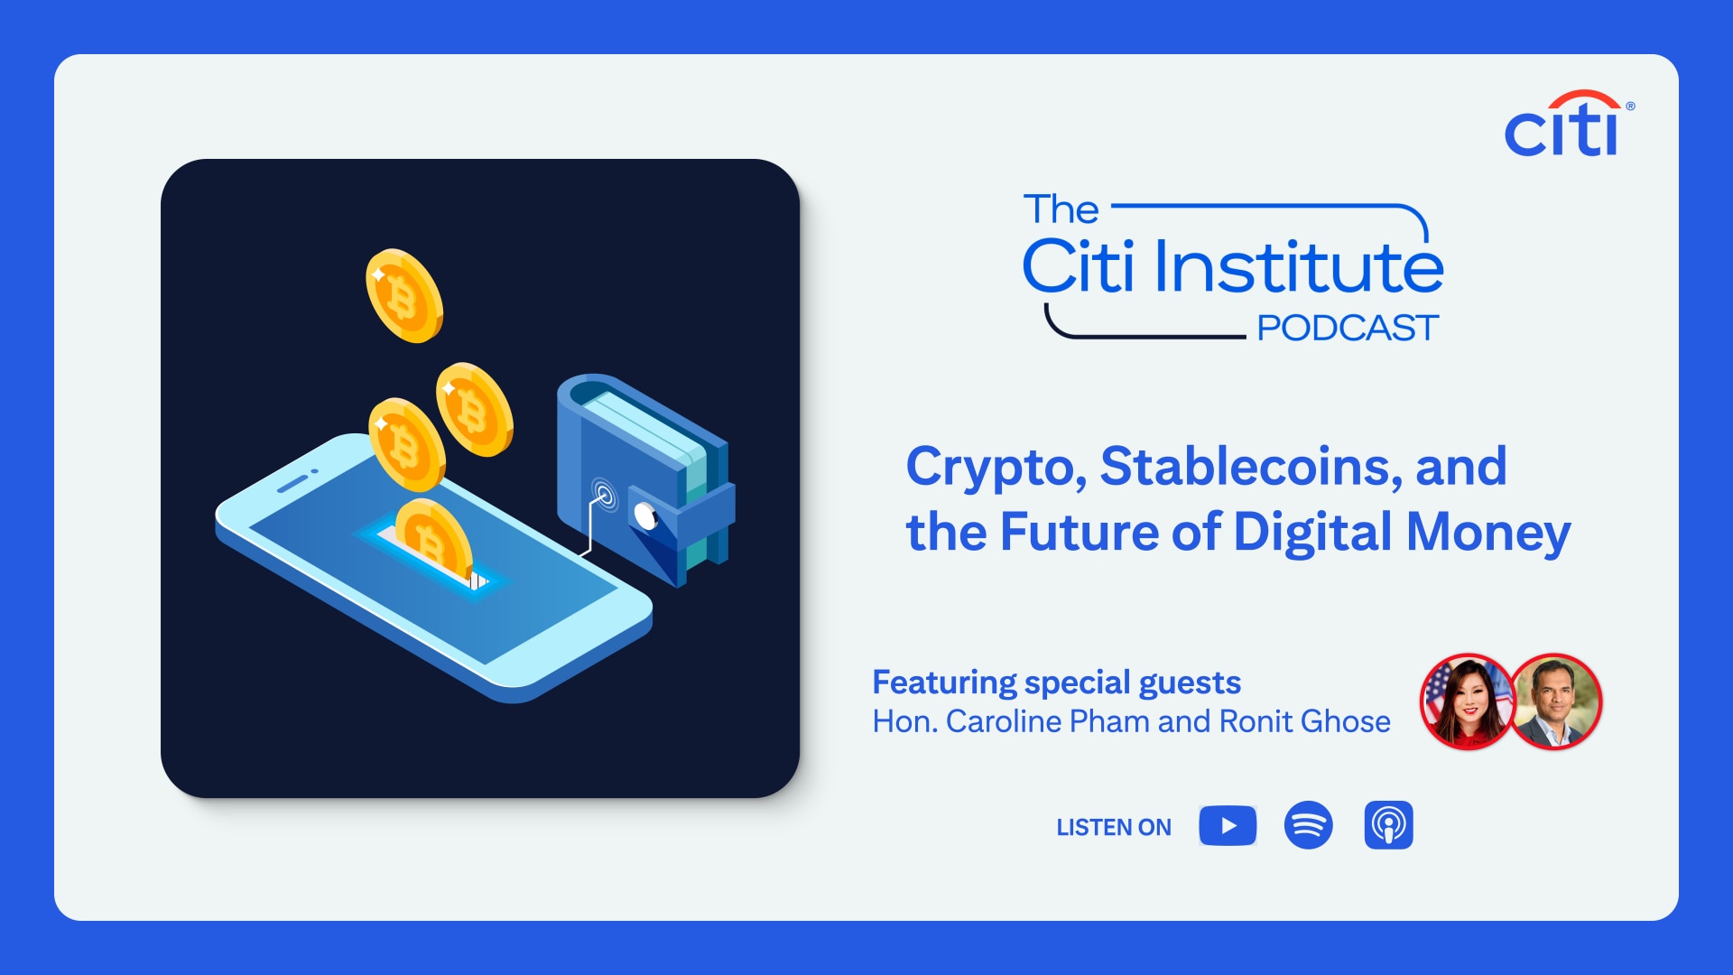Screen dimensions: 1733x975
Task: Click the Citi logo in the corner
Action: [1569, 124]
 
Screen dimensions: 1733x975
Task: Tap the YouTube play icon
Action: [1228, 825]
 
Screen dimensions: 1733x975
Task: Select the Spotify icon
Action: [1308, 825]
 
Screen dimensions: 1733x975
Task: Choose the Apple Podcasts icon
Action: [1388, 825]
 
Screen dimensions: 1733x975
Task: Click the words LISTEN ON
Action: [1114, 827]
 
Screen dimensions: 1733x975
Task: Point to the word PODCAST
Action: [1348, 328]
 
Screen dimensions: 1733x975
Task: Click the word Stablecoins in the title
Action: [1251, 467]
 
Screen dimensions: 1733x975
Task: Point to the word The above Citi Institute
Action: [1061, 209]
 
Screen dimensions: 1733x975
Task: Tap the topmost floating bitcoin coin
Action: [403, 296]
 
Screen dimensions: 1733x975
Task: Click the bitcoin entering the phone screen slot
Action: [433, 538]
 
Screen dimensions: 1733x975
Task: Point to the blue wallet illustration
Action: [646, 478]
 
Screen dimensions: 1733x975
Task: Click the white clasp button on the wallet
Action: [645, 515]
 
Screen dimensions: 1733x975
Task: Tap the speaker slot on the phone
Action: [292, 485]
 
